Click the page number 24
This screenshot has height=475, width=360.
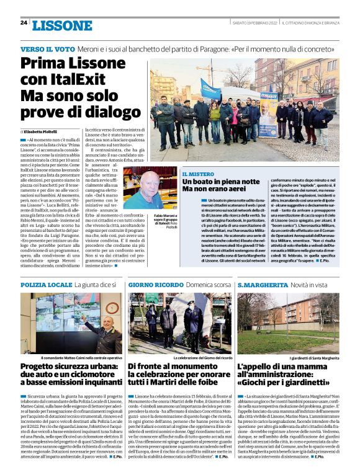click(x=24, y=23)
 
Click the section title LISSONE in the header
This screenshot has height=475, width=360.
click(x=61, y=25)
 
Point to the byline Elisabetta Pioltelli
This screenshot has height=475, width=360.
click(x=43, y=132)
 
